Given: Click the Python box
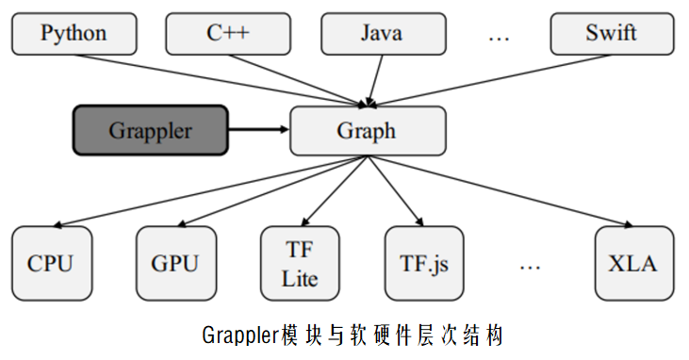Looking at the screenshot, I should pos(74,34).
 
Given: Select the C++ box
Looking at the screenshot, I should pos(229,34).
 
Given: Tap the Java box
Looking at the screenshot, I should pos(381,34).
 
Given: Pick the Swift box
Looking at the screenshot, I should pos(611,34).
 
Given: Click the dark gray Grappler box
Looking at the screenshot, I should pos(151,130).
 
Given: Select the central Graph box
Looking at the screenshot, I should pos(367,131).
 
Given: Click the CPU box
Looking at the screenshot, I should pos(50,263).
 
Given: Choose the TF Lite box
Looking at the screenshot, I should pos(300,263).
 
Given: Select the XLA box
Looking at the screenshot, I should pos(634,263).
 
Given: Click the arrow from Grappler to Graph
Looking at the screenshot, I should pos(259,130).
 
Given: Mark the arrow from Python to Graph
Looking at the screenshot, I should pos(217,78).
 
